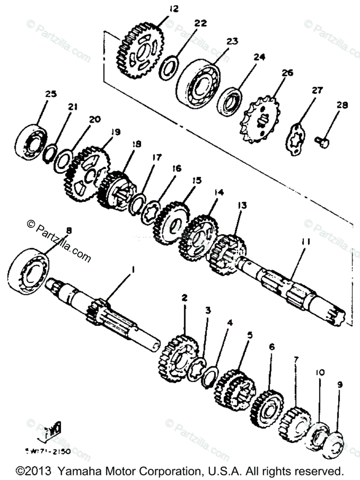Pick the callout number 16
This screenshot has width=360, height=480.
pos(177,168)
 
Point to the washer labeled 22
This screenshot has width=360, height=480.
pos(170,66)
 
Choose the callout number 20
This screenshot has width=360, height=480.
pos(95,119)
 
